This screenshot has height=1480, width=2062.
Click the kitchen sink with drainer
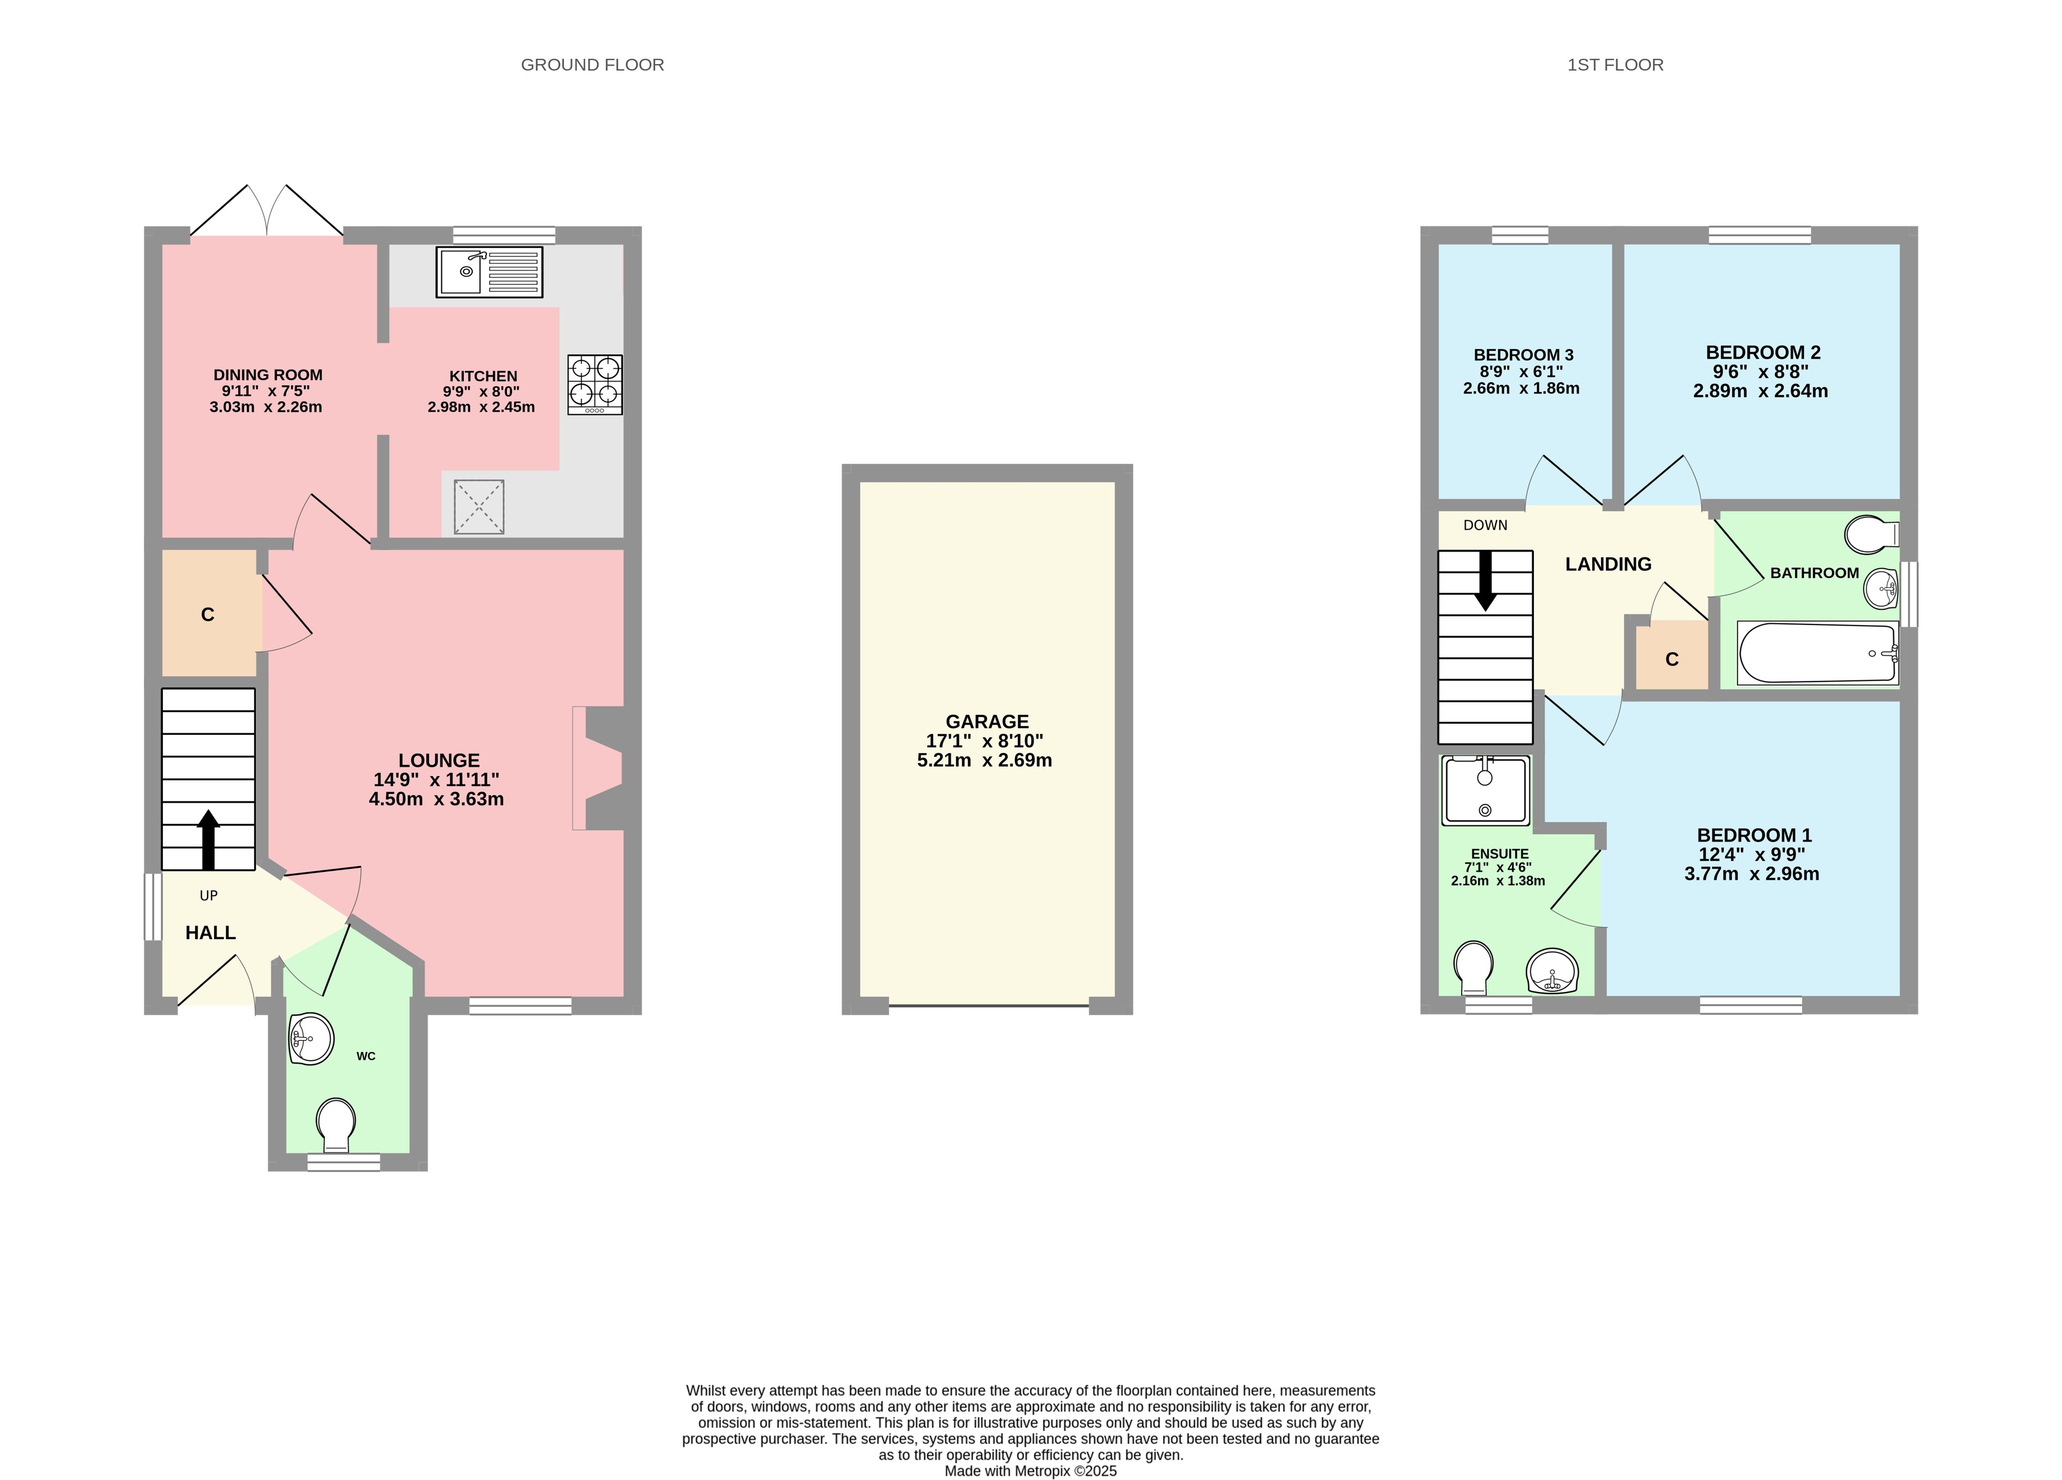coord(489,272)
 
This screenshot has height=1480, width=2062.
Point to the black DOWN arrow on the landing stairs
coord(1486,580)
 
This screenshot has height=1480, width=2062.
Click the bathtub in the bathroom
coord(1817,653)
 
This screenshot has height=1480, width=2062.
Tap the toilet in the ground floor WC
coord(336,1124)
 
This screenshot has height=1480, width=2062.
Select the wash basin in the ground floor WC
coord(311,1038)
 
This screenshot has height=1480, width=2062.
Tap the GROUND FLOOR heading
coord(592,65)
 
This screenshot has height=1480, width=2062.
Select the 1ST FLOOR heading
coord(1615,65)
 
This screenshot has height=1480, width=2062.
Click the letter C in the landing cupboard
coord(1671,660)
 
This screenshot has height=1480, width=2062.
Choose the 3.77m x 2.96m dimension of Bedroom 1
coord(1751,874)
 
